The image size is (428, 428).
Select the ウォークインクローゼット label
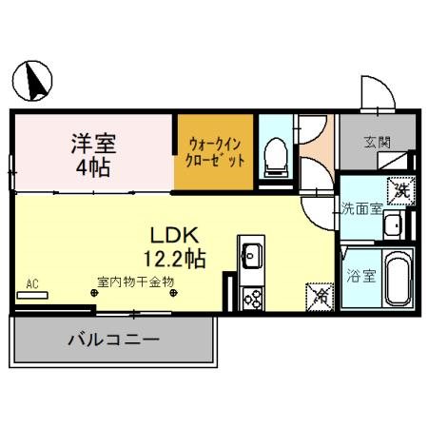216,151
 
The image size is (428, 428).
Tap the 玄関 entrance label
376,143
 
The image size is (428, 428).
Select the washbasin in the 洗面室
393,226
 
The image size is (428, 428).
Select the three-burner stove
252,298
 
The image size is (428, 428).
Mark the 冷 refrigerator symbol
319,296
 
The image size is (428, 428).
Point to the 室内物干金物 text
133,282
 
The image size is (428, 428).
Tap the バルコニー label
111,339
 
